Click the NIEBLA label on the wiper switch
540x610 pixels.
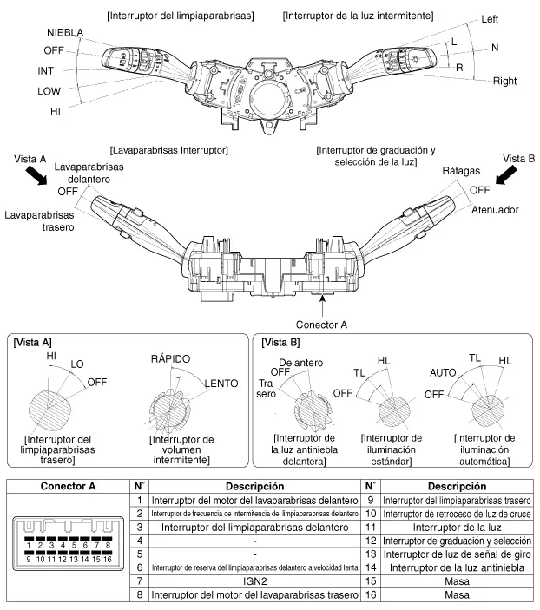point(65,32)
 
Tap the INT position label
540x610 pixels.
point(48,70)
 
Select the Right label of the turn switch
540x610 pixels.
point(505,81)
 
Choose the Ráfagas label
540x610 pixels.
point(462,173)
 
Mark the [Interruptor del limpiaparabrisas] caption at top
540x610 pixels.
point(181,16)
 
